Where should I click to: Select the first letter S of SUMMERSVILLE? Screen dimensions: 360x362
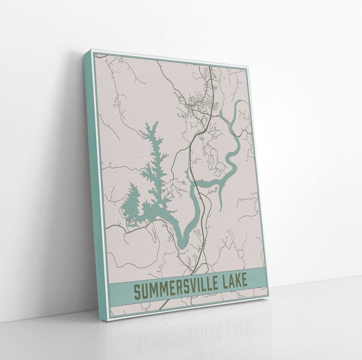tap(136, 292)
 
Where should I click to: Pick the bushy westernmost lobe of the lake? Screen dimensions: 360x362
tap(131, 205)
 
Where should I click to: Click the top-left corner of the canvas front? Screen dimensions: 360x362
tap(91, 51)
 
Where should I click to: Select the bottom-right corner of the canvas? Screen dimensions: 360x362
tap(269, 297)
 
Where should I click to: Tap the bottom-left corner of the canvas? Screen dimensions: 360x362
tap(108, 320)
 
